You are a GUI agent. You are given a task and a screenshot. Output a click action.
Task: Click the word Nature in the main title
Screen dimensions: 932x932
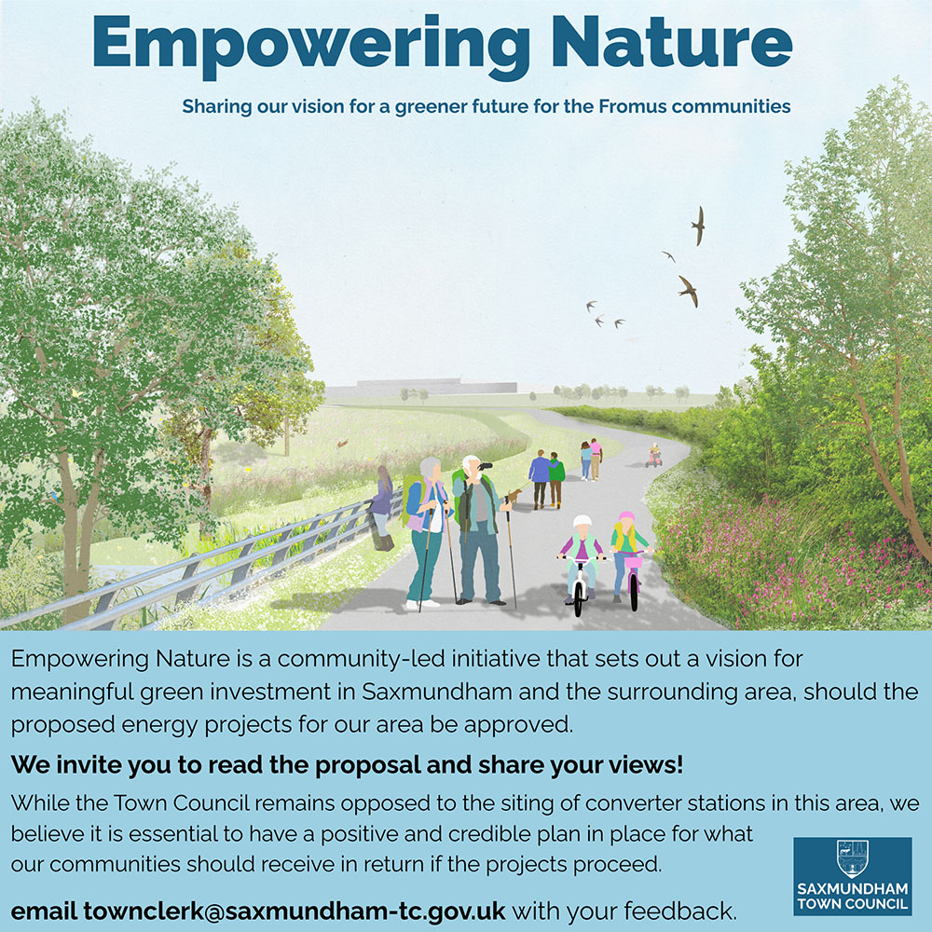tap(672, 42)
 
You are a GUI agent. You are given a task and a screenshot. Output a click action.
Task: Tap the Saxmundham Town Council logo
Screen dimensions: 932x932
tap(853, 876)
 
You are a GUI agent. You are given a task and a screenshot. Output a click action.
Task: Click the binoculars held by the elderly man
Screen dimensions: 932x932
tap(485, 467)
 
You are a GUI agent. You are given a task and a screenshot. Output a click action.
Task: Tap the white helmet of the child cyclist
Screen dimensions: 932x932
tap(582, 521)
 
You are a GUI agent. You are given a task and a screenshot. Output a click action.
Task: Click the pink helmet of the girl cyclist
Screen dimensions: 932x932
tap(626, 516)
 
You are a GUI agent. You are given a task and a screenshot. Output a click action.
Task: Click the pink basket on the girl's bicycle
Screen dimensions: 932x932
tap(633, 560)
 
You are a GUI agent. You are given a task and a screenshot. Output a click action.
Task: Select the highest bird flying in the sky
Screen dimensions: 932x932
tap(698, 226)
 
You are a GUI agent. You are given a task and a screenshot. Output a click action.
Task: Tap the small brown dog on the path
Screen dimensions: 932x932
tap(514, 495)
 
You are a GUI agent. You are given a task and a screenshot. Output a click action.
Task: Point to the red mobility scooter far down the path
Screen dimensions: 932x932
tap(654, 456)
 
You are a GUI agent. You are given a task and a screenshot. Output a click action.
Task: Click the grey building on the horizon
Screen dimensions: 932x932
tap(421, 388)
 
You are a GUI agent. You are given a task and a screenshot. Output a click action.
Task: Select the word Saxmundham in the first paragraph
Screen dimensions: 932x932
tap(437, 692)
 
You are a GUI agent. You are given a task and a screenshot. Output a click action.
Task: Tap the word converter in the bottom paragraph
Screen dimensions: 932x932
tap(634, 803)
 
